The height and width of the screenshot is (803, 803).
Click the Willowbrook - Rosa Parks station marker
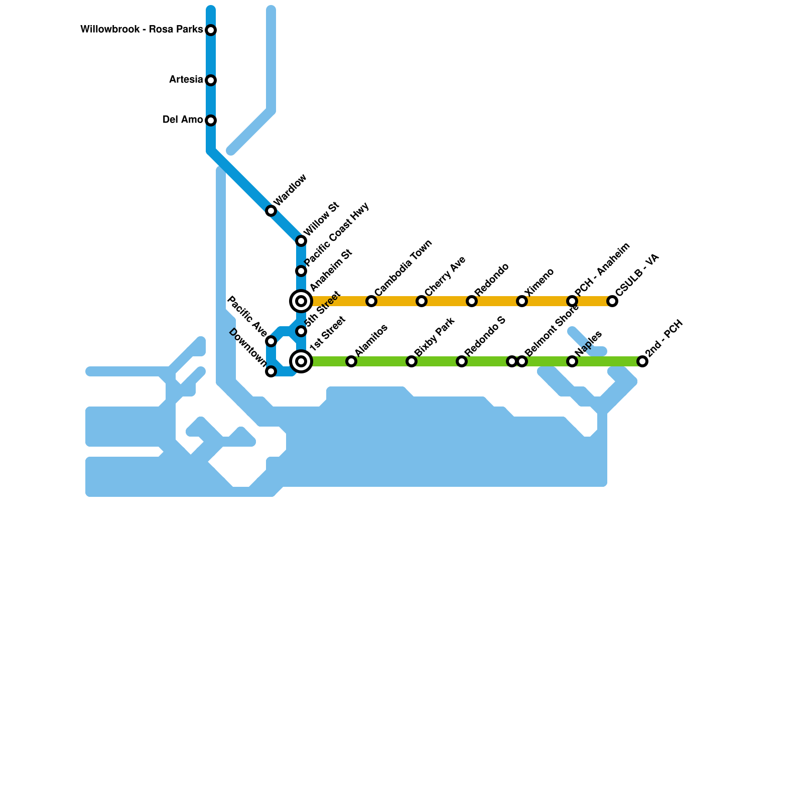pos(211,30)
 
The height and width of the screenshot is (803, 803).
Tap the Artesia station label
pos(186,80)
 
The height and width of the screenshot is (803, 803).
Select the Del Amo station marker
pos(211,120)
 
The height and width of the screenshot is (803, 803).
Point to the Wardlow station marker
pos(271,211)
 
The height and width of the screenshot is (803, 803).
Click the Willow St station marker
pos(301,241)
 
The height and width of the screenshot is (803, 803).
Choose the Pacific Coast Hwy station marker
pos(301,271)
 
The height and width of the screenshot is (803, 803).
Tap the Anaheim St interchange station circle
pos(301,301)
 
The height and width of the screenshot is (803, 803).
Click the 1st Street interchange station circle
pos(301,361)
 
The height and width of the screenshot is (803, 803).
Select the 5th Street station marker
pos(301,331)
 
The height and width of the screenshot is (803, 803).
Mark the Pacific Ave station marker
pos(271,341)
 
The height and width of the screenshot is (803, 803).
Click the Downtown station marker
pos(271,371)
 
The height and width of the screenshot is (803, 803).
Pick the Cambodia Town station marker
pos(371,301)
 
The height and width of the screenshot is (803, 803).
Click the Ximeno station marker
pos(522,301)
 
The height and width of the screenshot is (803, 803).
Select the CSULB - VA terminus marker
pos(612,301)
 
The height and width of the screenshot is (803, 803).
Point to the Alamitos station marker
pos(351,361)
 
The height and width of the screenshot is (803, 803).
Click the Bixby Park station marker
pos(412,361)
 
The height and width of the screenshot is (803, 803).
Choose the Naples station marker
pos(572,361)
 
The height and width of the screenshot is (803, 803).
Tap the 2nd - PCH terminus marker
pos(642,361)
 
